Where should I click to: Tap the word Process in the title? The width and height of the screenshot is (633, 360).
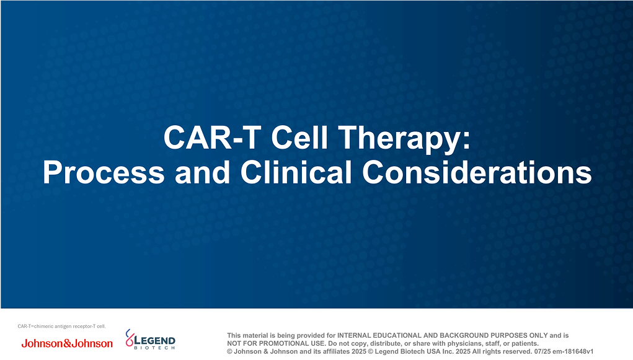(103, 172)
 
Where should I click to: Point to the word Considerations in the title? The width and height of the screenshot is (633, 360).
(477, 172)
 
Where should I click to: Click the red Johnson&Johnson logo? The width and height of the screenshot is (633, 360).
(67, 343)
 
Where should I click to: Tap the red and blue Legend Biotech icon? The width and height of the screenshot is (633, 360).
(130, 338)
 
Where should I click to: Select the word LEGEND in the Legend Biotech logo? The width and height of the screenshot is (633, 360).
(156, 341)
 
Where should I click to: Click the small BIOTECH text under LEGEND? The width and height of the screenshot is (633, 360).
(155, 348)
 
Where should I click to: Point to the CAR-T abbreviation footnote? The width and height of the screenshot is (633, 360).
(62, 326)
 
